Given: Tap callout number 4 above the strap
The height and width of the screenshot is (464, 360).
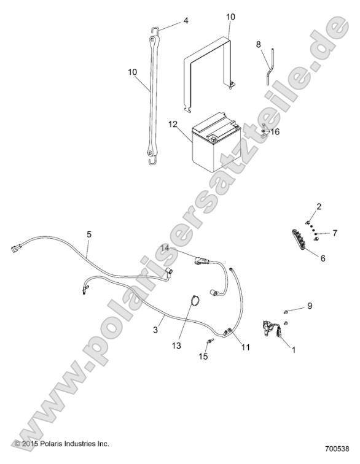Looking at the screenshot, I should [x=185, y=20].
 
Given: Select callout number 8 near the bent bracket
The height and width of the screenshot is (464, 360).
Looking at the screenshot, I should [x=259, y=44].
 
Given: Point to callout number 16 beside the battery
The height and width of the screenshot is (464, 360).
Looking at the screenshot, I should [x=275, y=131].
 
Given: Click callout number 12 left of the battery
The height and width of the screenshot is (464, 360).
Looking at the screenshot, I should [x=173, y=125].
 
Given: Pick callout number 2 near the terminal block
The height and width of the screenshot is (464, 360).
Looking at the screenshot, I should [x=319, y=206].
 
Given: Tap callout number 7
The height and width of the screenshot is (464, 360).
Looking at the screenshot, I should [x=335, y=233].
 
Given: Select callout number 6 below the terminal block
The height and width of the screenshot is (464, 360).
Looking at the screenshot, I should [x=323, y=258].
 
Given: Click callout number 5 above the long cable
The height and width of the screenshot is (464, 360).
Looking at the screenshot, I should [x=89, y=234].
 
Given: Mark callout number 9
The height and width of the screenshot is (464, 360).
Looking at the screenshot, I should [x=310, y=305].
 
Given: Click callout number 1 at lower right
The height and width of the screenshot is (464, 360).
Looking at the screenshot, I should [x=294, y=350].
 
